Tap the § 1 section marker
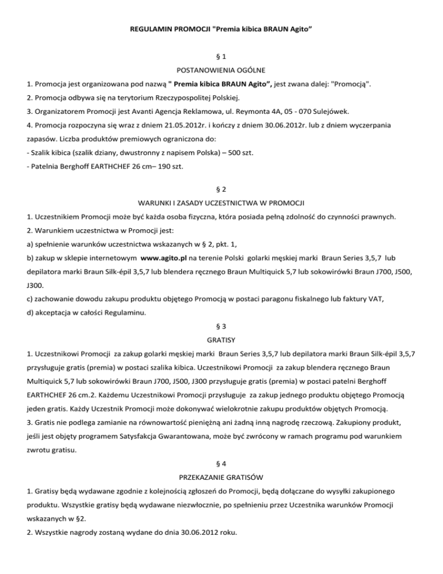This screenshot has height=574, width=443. pyautogui.click(x=221, y=57)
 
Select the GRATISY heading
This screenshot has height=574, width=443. pyautogui.click(x=221, y=341)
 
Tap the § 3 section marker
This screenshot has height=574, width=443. pyautogui.click(x=221, y=327)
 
